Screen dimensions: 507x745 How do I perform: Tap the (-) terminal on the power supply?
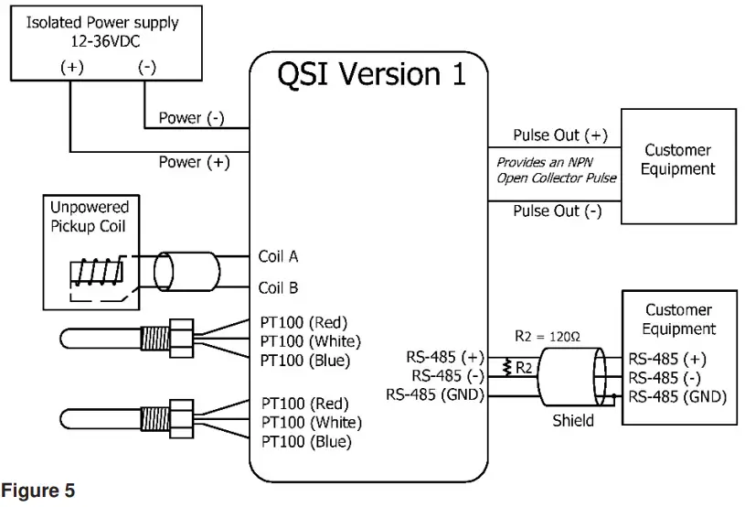point(146,67)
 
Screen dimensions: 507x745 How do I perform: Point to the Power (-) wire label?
point(191,118)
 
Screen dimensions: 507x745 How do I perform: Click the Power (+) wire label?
point(192,162)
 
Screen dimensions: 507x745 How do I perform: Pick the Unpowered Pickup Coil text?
point(89,217)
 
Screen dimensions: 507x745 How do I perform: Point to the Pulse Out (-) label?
point(558,211)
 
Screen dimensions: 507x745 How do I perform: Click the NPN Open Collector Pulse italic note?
point(556,169)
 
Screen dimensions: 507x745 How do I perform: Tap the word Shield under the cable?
point(573,421)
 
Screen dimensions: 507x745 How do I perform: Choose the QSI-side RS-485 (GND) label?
point(434,395)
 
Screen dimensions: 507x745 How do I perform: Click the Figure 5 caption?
point(37,491)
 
